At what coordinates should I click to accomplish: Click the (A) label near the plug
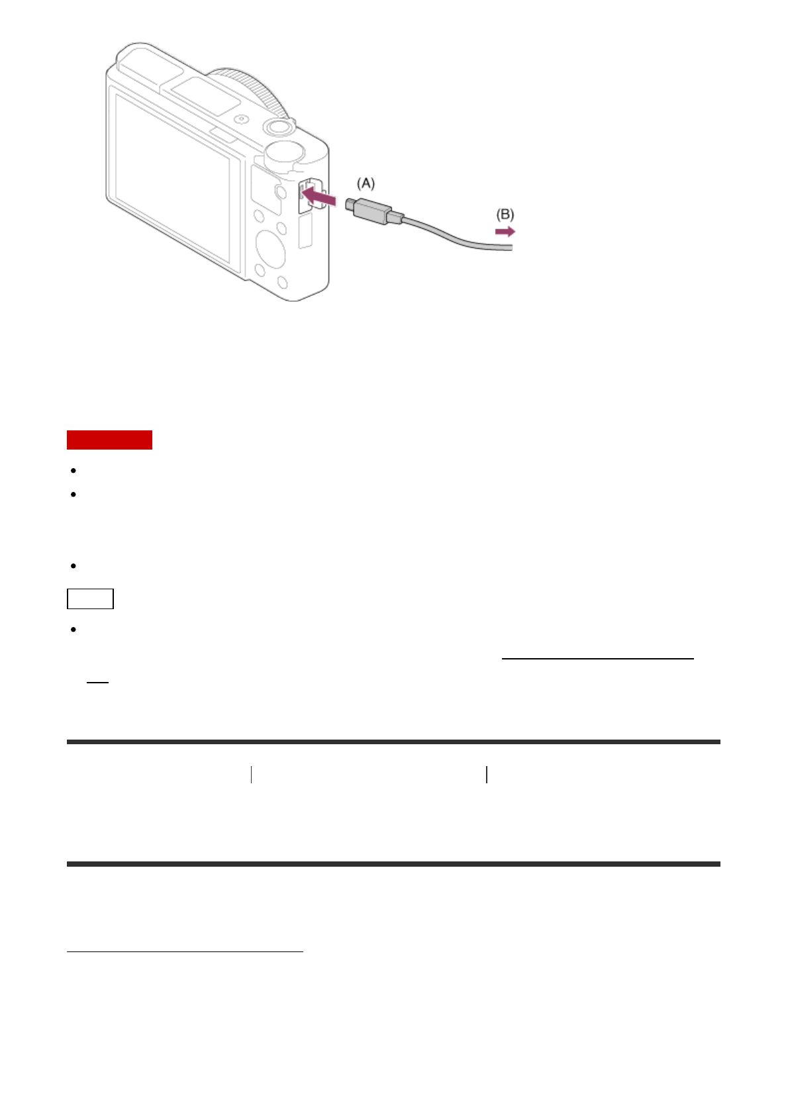[x=366, y=183]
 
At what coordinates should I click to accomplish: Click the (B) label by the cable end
[x=505, y=215]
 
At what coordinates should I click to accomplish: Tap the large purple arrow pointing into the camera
[x=319, y=195]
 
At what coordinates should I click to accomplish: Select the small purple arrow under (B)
[x=505, y=232]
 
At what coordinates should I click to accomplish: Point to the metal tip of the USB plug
[x=350, y=203]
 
